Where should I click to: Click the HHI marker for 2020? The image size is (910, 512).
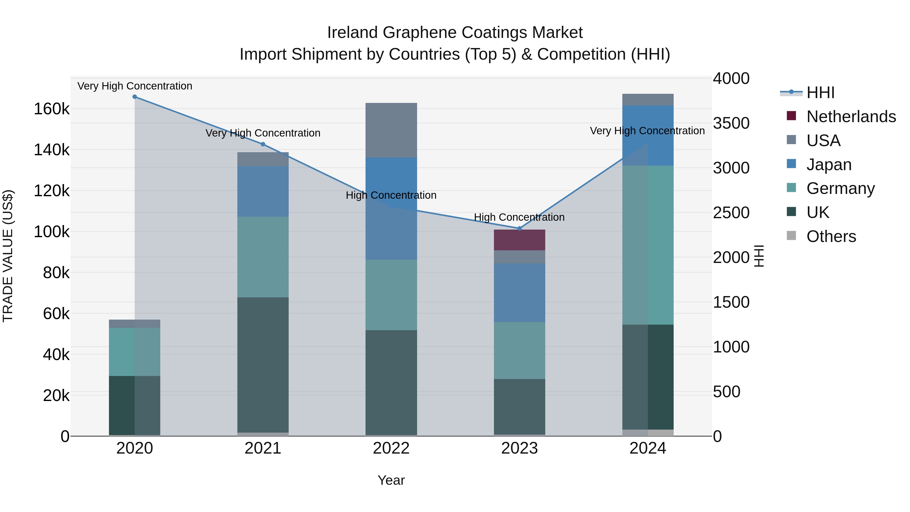[x=134, y=97]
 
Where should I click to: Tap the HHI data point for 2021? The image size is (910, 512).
[x=263, y=144]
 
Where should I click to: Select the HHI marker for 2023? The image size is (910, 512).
[x=519, y=229]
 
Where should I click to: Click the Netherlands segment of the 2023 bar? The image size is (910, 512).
[x=519, y=240]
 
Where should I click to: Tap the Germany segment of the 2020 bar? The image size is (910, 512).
[x=134, y=352]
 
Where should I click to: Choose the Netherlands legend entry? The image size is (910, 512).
[x=851, y=117]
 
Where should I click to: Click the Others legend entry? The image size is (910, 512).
[x=831, y=236]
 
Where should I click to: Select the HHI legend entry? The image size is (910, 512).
[x=820, y=93]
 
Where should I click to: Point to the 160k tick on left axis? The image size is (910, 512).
[x=52, y=109]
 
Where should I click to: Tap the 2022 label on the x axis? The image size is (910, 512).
[x=391, y=448]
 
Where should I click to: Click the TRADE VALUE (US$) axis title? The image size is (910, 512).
[x=8, y=256]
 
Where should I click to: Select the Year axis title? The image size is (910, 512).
[x=391, y=480]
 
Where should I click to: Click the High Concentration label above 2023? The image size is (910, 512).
[x=519, y=217]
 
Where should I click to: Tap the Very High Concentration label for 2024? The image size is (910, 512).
[x=647, y=131]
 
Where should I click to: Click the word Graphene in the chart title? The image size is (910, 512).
[x=420, y=33]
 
